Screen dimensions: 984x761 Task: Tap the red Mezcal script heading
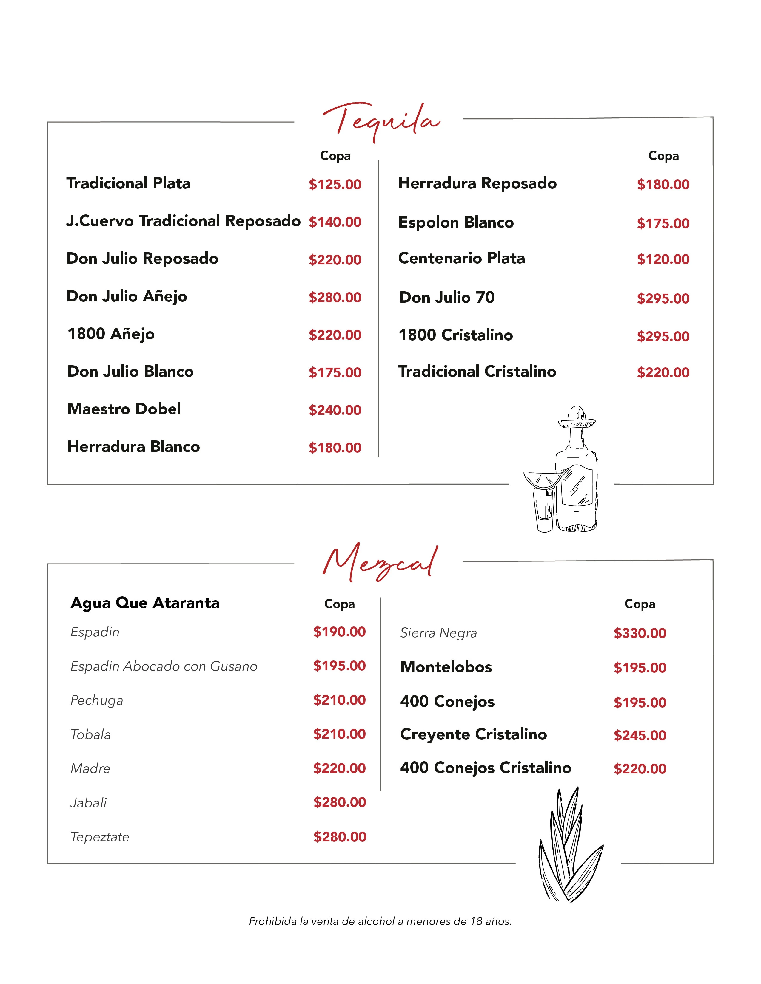[380, 563]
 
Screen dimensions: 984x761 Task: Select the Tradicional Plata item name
[129, 183]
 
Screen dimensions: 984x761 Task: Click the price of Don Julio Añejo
[335, 297]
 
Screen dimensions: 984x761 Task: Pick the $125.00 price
[335, 184]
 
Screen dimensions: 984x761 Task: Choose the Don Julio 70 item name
[447, 297]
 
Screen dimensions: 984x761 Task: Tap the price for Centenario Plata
[663, 259]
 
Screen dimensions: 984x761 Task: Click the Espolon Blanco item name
[456, 222]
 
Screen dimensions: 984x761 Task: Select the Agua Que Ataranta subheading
[145, 603]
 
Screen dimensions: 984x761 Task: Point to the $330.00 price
[640, 633]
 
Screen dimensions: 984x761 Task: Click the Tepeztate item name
[100, 837]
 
